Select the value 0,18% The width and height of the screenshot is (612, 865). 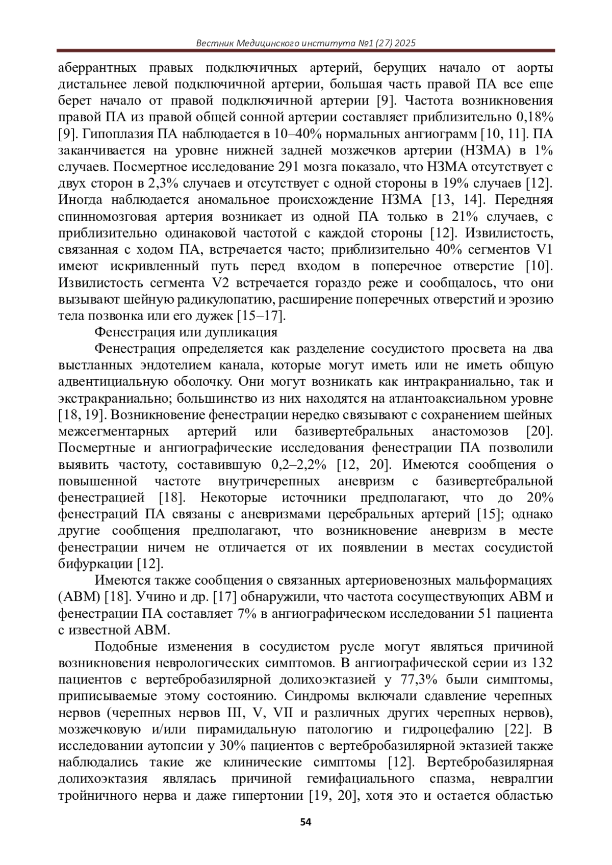click(x=535, y=117)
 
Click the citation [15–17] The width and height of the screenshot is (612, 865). click(x=262, y=316)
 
